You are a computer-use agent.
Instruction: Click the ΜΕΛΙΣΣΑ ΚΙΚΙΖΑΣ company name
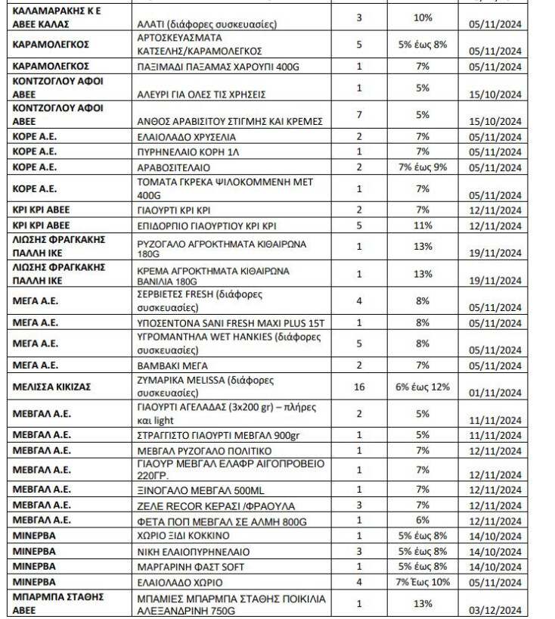pos(52,386)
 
